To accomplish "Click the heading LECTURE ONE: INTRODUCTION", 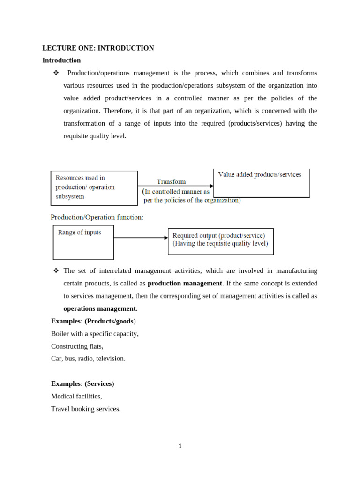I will coord(98,48).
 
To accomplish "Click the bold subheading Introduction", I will coord(61,60).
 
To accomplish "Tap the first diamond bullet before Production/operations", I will coord(56,73).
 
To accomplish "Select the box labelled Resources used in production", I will coord(94,187).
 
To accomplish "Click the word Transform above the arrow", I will coord(171,181).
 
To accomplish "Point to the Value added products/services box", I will coord(262,183).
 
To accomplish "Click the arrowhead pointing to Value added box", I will coord(211,186).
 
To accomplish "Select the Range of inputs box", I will coord(83,242).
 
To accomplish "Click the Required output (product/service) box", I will coord(220,241).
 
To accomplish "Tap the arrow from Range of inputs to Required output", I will coord(141,238).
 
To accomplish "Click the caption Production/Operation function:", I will coord(97,217).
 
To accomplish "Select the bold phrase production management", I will coord(185,284).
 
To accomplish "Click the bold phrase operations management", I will coord(99,308).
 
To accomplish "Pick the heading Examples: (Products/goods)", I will coord(93,321).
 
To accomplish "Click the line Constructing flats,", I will coord(77,346).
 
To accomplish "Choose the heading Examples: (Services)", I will coord(82,383).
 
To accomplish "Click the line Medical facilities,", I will coord(76,396).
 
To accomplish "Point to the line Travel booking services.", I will coord(86,409).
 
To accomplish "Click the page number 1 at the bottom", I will coord(180,446).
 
